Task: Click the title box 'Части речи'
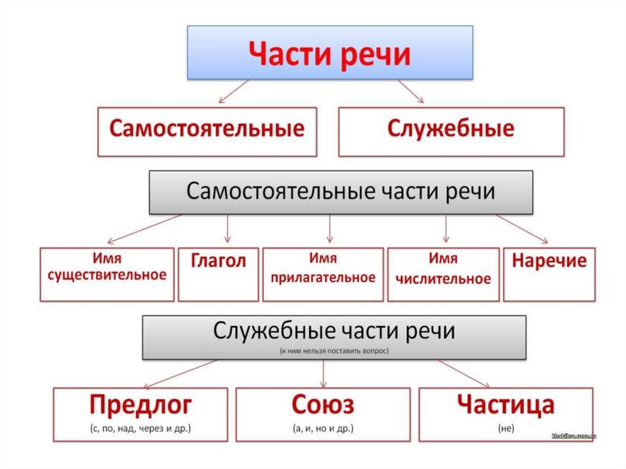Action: [330, 53]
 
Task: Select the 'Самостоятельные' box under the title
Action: [207, 131]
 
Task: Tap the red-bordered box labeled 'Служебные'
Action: [451, 131]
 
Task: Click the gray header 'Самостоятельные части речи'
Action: [341, 191]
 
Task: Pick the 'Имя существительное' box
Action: [107, 274]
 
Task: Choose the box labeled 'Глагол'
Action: [218, 274]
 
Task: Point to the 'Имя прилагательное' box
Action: [323, 274]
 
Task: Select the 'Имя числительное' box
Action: [443, 274]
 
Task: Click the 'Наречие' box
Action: [549, 274]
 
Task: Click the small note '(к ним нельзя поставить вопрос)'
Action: [334, 352]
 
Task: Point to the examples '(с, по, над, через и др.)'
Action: [141, 429]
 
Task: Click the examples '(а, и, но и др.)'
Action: [323, 429]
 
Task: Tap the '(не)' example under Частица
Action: [506, 429]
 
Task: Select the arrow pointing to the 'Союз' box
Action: [323, 373]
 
